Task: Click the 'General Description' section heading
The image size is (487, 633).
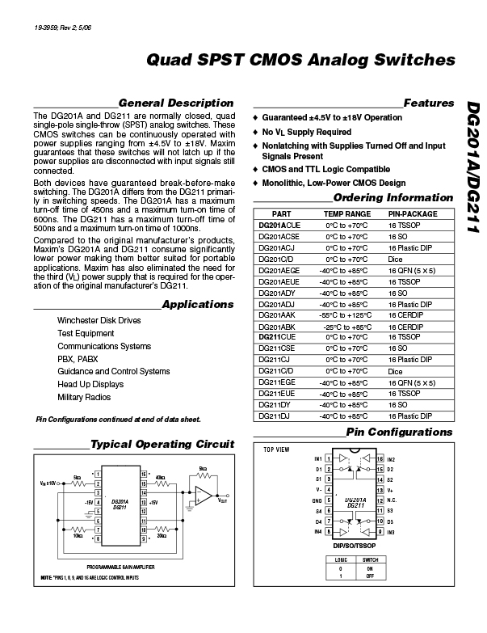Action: (175, 103)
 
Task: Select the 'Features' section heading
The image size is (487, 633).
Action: (429, 103)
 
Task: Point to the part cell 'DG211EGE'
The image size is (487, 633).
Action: (277, 381)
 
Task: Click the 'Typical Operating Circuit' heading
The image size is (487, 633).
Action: (162, 445)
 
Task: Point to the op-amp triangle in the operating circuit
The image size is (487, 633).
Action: (204, 494)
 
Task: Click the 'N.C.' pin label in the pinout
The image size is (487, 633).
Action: (390, 500)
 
